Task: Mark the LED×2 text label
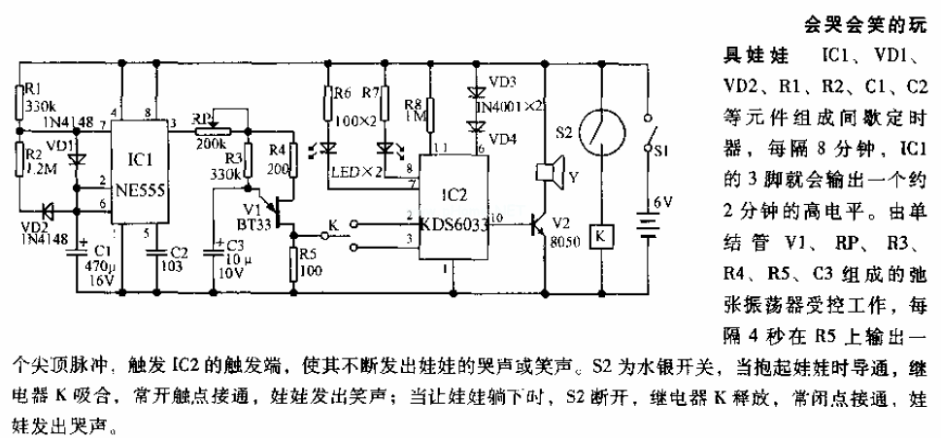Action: click(x=349, y=171)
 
